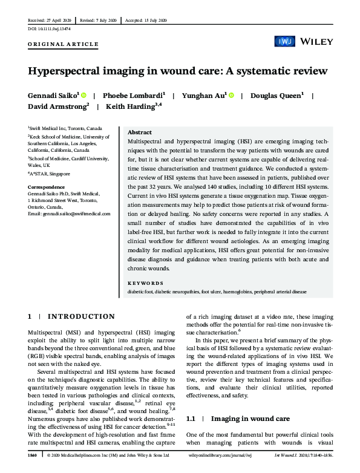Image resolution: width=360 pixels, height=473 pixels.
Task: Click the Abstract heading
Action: click(x=140, y=131)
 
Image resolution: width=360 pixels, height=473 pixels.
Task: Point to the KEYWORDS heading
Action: click(x=145, y=283)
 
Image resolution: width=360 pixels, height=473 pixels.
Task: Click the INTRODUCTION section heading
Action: click(x=80, y=316)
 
